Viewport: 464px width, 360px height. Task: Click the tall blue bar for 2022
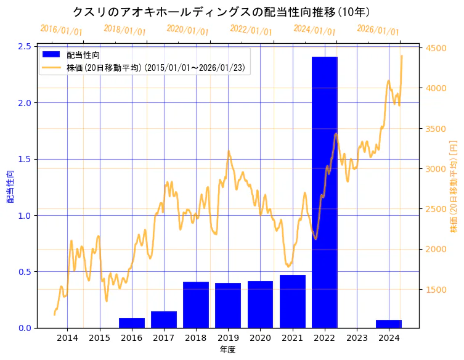tap(324, 191)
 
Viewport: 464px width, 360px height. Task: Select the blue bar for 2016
tap(132, 323)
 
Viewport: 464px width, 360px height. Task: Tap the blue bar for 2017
tap(164, 319)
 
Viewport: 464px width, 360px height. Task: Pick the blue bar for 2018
tap(196, 305)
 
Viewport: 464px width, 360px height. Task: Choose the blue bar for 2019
tap(228, 305)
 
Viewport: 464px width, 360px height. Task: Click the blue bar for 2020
tap(260, 305)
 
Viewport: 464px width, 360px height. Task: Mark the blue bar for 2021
tap(293, 301)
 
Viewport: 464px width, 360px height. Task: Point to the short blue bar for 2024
tap(389, 324)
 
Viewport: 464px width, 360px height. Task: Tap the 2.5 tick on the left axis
tap(25, 46)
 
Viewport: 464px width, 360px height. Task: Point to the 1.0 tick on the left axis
tap(25, 215)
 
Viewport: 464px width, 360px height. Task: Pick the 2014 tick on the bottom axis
tap(68, 338)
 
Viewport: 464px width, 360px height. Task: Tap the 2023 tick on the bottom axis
tap(357, 338)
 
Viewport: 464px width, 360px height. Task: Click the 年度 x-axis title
tap(227, 350)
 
